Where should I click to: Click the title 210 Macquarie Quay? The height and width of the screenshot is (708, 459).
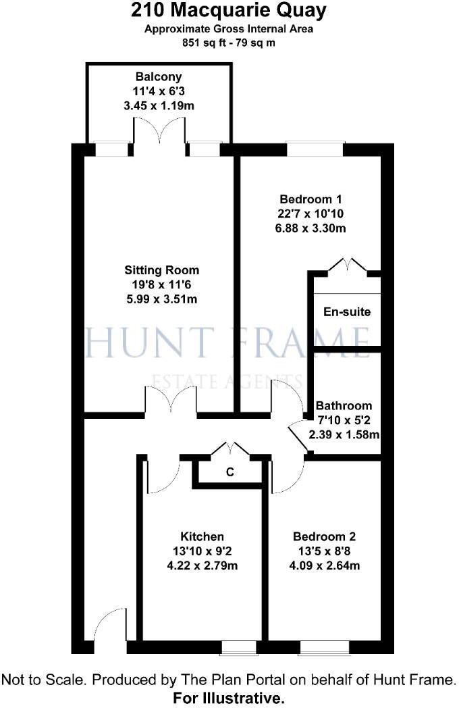click(x=230, y=11)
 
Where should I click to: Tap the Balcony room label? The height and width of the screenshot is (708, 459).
click(x=159, y=77)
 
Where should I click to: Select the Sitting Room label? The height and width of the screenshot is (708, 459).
click(x=161, y=270)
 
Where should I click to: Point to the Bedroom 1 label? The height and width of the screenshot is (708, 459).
click(x=310, y=199)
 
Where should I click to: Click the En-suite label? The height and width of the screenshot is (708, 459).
click(x=347, y=313)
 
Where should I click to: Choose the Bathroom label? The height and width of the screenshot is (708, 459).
click(x=344, y=406)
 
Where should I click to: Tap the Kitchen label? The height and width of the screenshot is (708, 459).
click(x=202, y=536)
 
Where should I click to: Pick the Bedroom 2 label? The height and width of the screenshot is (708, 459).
click(x=324, y=536)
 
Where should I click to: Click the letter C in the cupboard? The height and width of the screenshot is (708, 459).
click(x=230, y=473)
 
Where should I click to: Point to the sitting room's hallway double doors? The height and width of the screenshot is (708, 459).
click(x=171, y=401)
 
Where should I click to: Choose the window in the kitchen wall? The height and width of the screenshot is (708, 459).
click(x=239, y=649)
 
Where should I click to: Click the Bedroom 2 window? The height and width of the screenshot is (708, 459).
click(x=324, y=649)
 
